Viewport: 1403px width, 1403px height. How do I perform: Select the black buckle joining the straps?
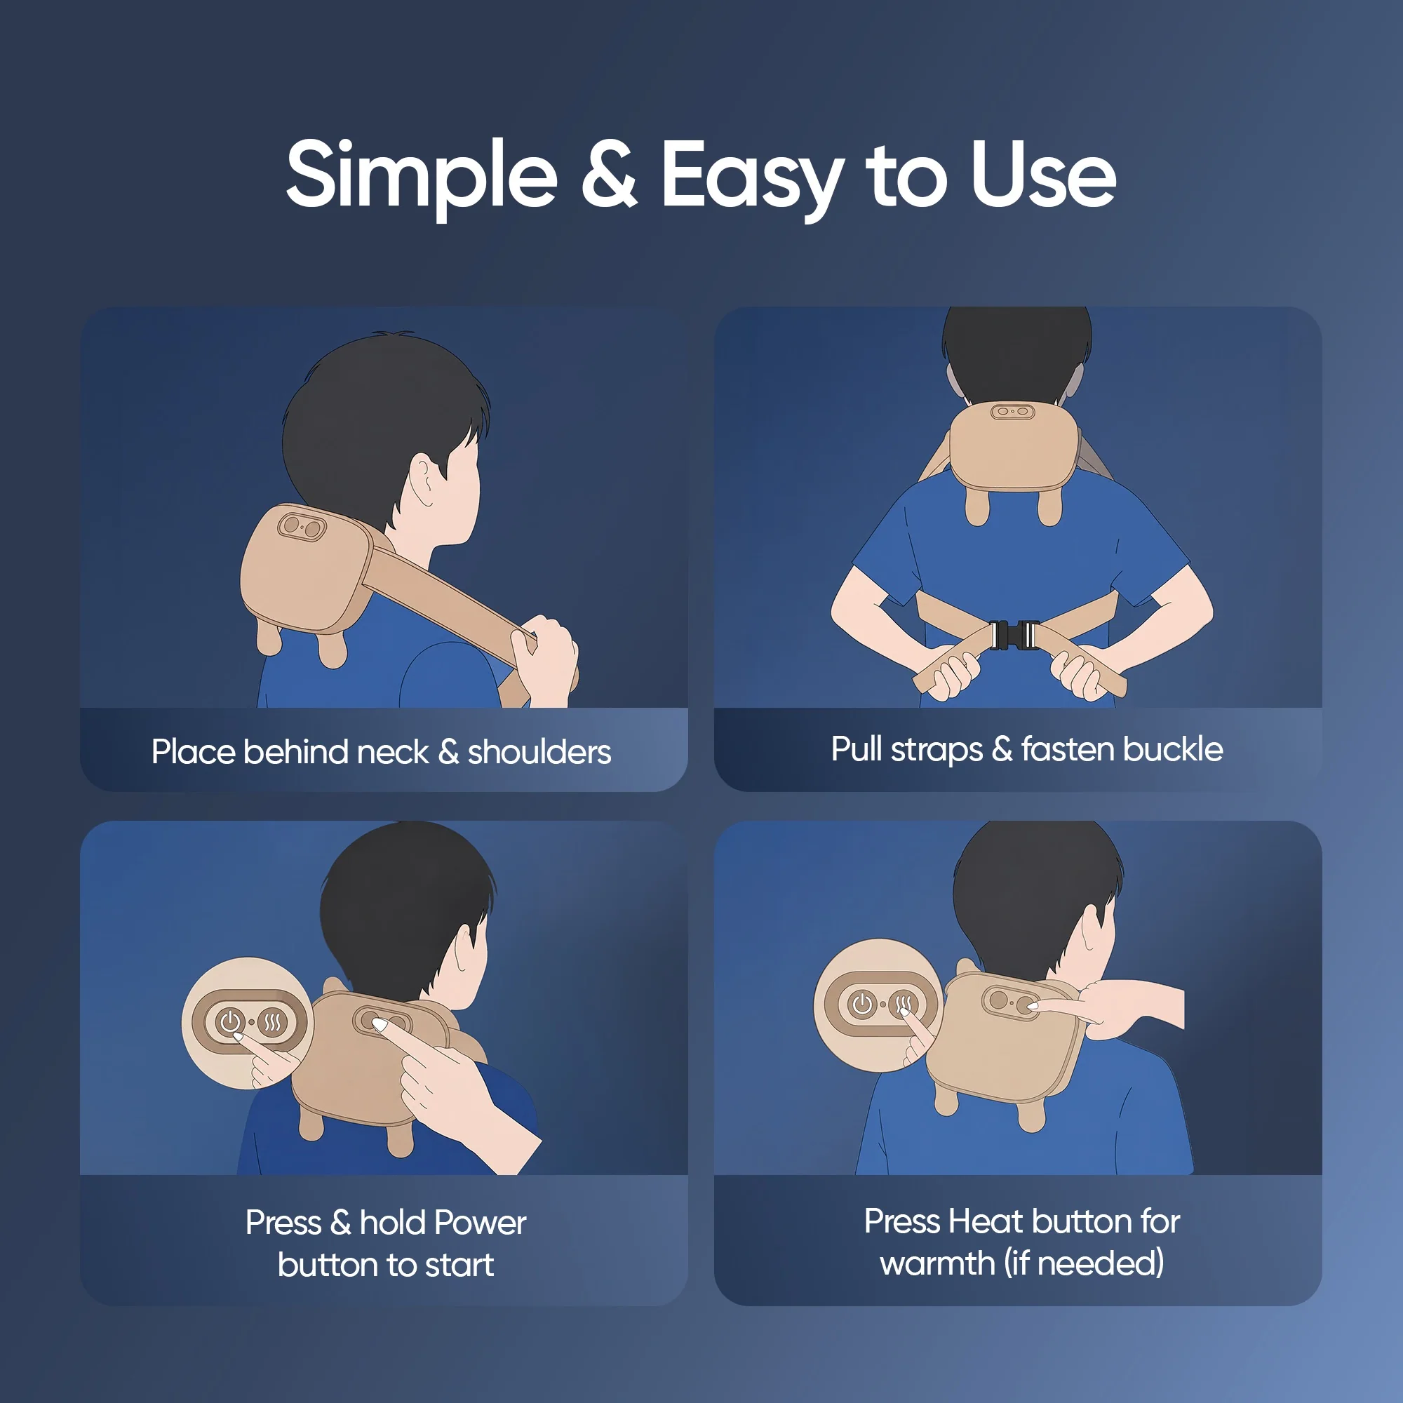1015,636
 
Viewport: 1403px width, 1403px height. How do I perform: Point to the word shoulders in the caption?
539,752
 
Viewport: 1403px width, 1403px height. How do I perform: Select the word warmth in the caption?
937,1263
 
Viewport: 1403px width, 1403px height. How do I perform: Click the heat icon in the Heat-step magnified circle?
904,1005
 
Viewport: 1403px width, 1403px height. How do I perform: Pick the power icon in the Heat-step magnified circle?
863,1005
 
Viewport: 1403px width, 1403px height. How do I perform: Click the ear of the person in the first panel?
424,481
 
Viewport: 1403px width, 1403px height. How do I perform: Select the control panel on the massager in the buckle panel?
1013,411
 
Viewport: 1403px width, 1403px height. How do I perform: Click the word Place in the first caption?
194,752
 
